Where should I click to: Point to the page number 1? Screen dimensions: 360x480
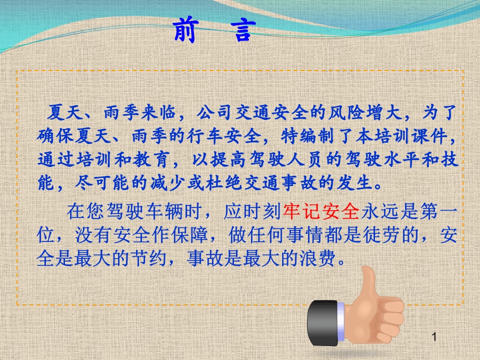pyautogui.click(x=434, y=338)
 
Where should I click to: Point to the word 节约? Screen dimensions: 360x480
pyautogui.click(x=149, y=258)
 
